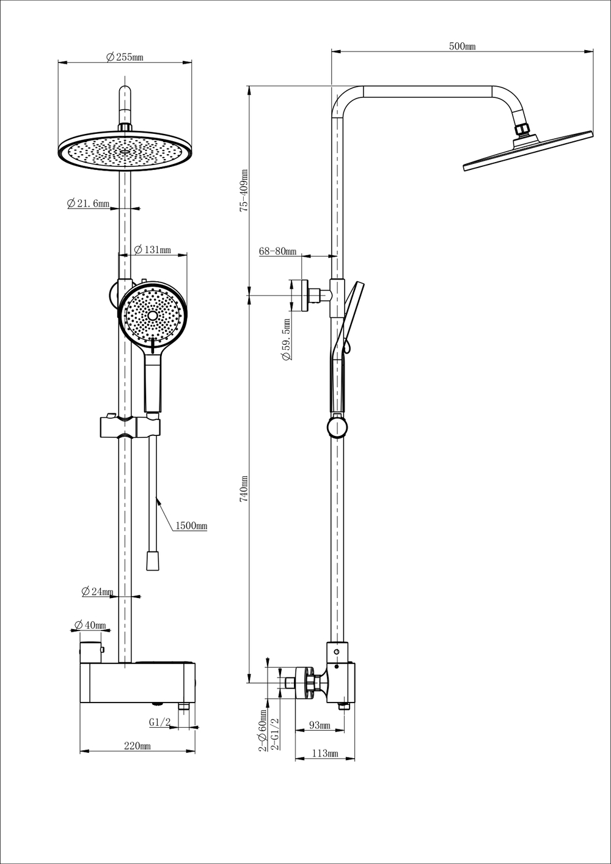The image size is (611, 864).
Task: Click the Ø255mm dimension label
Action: pos(125,57)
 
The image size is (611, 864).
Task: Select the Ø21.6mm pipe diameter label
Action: pos(89,204)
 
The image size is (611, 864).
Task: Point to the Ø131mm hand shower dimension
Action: pos(152,249)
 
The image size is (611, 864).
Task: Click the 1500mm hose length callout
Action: pos(191,526)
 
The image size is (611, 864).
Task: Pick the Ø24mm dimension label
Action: pos(98,591)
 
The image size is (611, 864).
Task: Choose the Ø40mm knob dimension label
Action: pos(90,625)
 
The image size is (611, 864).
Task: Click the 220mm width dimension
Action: pos(137,745)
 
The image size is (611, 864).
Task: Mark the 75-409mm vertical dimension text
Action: pos(244,191)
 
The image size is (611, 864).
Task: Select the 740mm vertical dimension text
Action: pos(244,489)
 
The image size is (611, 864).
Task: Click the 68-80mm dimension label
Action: pos(277,251)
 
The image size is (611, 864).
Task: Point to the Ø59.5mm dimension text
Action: pos(286,339)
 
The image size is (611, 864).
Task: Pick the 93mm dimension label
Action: pos(319,725)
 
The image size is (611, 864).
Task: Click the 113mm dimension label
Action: pos(324,753)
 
